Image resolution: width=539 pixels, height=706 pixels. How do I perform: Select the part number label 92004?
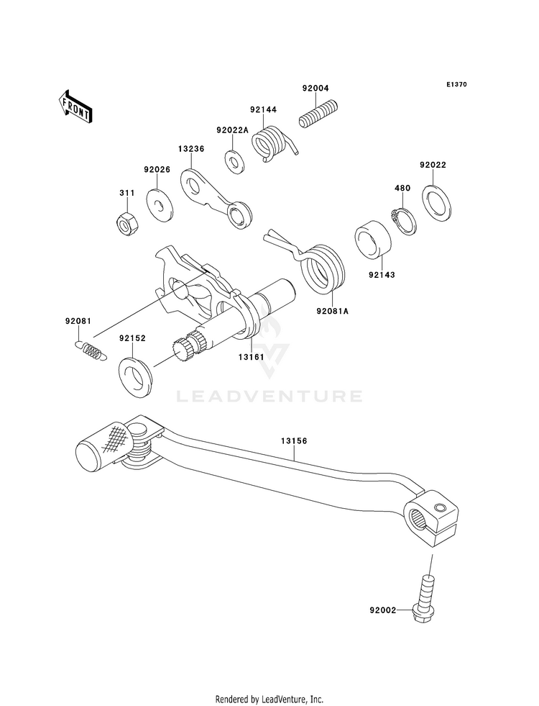click(x=315, y=89)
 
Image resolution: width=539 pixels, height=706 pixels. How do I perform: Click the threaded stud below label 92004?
click(x=318, y=115)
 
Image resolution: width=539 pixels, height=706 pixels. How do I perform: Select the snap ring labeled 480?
click(x=404, y=221)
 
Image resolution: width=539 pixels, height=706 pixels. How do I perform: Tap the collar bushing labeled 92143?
click(x=374, y=240)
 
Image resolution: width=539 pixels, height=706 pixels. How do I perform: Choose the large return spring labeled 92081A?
click(x=314, y=266)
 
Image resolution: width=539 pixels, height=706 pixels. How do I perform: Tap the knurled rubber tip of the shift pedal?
click(x=104, y=448)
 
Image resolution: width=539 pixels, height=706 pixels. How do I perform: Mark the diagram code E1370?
click(x=456, y=84)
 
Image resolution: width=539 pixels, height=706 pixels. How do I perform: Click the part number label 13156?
click(x=294, y=441)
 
